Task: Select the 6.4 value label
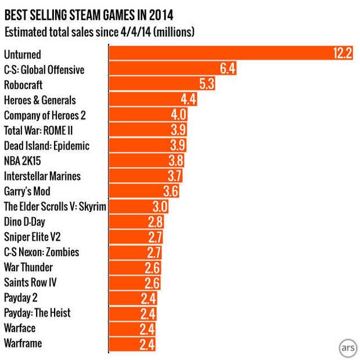(227, 70)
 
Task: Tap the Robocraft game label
(24, 85)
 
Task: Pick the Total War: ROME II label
(42, 130)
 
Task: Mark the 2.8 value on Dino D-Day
(155, 222)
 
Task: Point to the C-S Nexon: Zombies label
(41, 252)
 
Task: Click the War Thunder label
(28, 267)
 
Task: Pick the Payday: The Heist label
(37, 313)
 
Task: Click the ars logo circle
(347, 347)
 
